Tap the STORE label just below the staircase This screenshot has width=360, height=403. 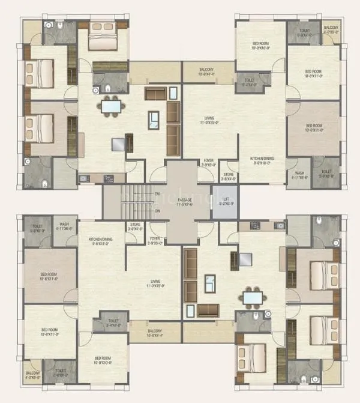135,226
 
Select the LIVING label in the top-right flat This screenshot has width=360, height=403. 209,120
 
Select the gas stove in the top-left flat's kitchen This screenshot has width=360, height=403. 109,178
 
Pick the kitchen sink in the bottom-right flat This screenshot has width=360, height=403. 280,225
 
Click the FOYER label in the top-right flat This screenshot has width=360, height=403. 208,162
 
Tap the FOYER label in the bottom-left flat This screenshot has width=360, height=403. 155,241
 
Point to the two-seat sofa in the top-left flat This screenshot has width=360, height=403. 155,93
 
